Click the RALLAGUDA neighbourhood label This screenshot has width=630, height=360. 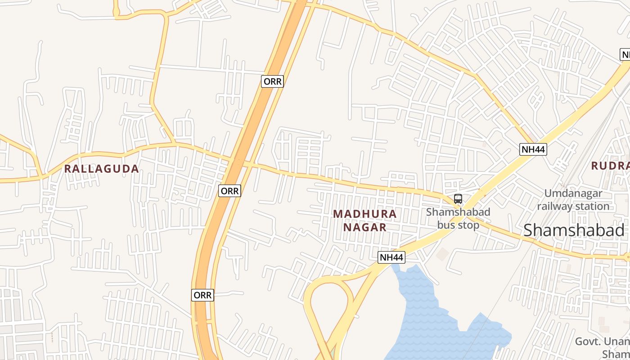pos(101,169)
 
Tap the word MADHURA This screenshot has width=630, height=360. pos(365,214)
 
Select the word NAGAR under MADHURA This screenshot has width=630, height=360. pos(365,227)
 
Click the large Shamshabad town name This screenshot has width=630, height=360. pos(574,230)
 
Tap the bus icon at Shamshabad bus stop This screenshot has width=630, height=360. pos(458,199)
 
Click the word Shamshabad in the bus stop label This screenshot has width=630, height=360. pos(458,211)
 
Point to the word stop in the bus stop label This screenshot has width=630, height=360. pos(469,225)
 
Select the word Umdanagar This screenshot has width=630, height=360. pos(573,193)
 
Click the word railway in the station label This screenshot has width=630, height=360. pos(555,207)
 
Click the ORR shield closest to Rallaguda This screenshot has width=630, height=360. pos(230,191)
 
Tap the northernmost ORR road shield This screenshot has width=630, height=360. pos(272,81)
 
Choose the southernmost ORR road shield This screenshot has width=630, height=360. pos(202,295)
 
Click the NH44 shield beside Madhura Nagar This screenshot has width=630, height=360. pos(391,257)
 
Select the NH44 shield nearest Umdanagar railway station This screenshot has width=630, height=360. pos(533,149)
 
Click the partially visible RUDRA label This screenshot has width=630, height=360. pos(610,166)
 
